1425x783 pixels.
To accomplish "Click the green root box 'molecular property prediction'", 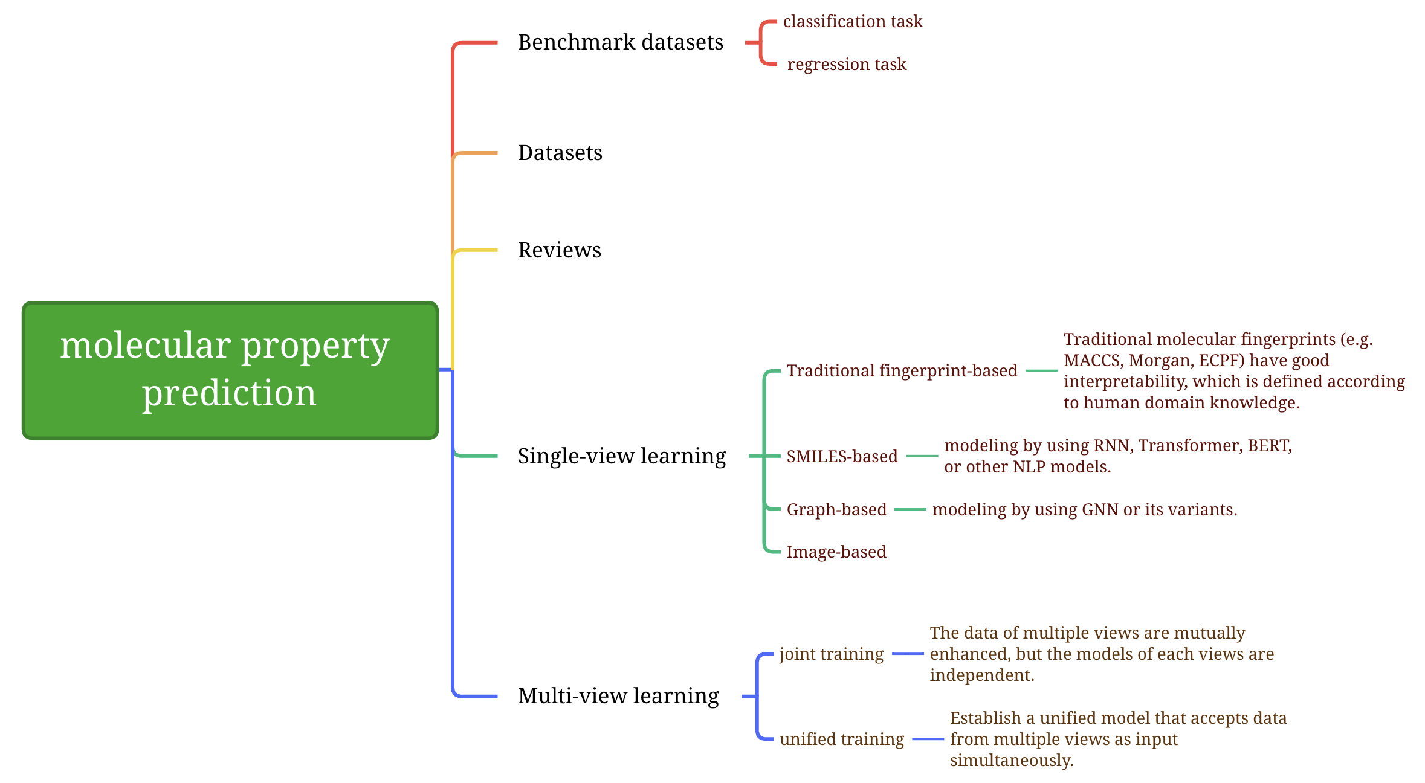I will coord(230,370).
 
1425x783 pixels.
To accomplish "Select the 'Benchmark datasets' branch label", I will coord(620,42).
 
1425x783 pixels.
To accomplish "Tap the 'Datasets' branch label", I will coord(560,153).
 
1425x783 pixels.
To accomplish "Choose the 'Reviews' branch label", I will coord(559,250).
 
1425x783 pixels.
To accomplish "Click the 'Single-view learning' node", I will coord(621,456).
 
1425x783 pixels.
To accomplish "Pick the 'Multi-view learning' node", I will coord(618,696).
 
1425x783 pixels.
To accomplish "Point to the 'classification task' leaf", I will coord(852,22).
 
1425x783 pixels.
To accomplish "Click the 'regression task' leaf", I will coord(846,64).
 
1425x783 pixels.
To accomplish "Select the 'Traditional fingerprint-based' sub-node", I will coord(902,370).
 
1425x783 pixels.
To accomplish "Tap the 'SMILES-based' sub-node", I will coord(842,456).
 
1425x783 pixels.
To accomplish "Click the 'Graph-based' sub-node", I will coord(836,509).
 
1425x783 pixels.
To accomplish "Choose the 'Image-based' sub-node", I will coord(836,552).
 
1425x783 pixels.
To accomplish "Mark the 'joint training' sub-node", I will coord(831,654).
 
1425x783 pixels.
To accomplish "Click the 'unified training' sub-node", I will coord(841,739).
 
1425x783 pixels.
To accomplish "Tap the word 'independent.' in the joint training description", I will coord(982,675).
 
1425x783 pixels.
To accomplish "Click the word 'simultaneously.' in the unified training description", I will coord(1011,760).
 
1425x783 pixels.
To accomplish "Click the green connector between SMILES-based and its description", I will coord(922,456).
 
